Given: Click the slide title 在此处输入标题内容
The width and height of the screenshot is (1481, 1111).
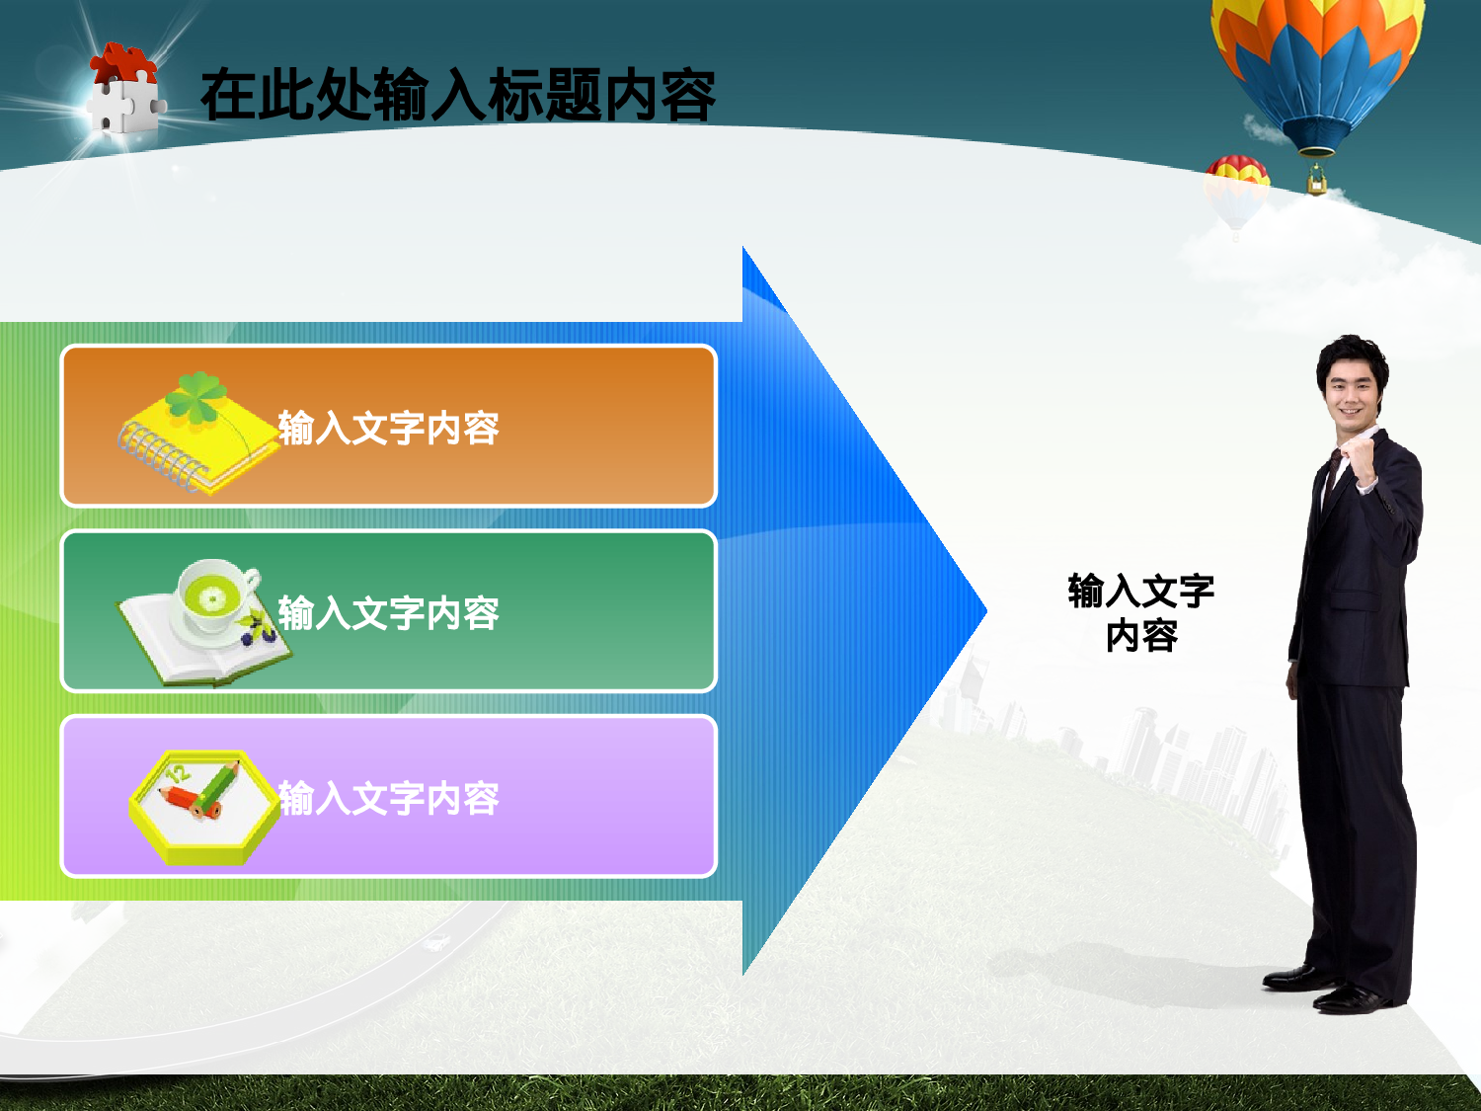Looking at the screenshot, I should point(457,96).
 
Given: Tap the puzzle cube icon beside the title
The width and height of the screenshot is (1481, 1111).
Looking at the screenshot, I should point(124,91).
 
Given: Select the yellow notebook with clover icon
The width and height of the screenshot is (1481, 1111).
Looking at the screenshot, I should point(197,435).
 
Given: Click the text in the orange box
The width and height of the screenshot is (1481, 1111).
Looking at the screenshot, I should point(388,429).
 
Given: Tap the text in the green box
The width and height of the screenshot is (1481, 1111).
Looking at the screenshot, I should point(388,613).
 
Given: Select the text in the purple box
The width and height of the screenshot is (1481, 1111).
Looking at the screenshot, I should point(388,798).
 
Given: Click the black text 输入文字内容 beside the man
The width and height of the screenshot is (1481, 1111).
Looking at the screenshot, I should point(1141,612).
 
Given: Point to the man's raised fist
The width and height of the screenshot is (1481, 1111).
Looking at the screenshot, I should point(1362,456).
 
